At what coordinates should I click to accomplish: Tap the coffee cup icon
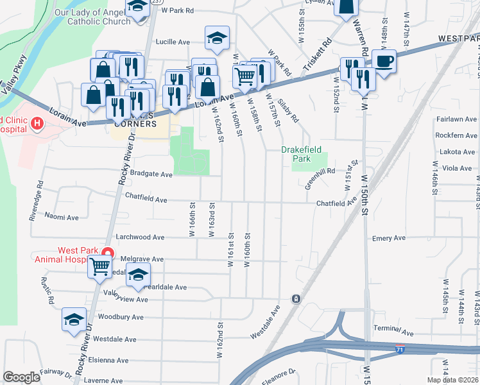pyautogui.click(x=384, y=62)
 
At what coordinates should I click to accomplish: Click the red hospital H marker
pyautogui.click(x=37, y=123)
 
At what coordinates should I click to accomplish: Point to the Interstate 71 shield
pyautogui.click(x=400, y=350)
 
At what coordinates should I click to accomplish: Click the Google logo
pyautogui.click(x=21, y=377)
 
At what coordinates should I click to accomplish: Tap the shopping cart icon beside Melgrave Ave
pyautogui.click(x=100, y=266)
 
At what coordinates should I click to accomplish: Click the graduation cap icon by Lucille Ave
pyautogui.click(x=218, y=38)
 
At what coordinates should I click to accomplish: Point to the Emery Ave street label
pyautogui.click(x=389, y=238)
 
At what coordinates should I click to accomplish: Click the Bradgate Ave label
pyautogui.click(x=151, y=175)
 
